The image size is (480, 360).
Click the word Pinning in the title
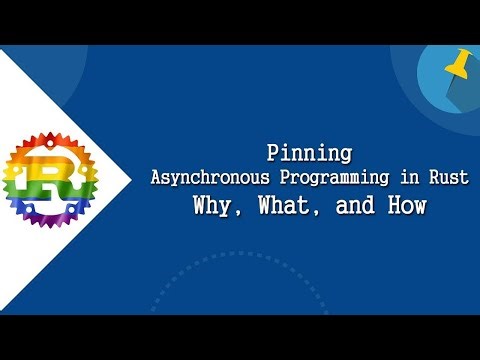309,154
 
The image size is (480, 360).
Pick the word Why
218,207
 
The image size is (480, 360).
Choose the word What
285,207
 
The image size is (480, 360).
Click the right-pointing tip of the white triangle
132,180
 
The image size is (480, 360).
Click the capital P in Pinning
273,154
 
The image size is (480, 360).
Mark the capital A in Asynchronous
156,179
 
